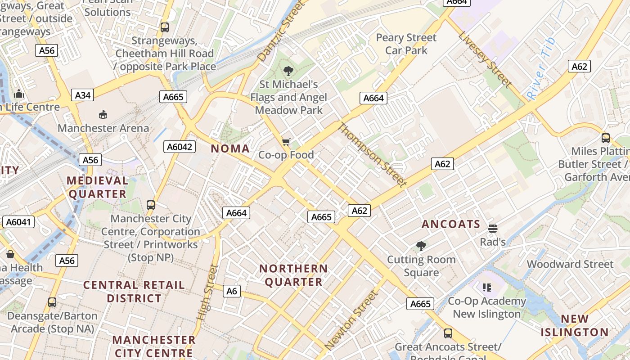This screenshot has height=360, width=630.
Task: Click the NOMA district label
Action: click(x=230, y=148)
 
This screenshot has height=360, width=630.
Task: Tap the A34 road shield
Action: click(x=83, y=95)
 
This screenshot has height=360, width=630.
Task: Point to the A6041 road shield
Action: click(x=18, y=221)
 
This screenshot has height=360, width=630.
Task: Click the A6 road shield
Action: click(x=231, y=291)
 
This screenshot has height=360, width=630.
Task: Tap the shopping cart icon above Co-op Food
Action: click(x=286, y=142)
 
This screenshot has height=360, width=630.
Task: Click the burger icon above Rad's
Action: click(x=493, y=229)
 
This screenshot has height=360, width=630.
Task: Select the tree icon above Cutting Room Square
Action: click(x=421, y=246)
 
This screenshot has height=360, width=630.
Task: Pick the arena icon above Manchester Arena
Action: click(x=103, y=114)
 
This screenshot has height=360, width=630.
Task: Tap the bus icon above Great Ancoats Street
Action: click(x=448, y=333)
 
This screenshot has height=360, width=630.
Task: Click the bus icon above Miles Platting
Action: click(x=606, y=138)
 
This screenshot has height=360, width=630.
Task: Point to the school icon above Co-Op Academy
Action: click(x=486, y=287)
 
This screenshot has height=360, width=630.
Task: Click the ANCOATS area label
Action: click(x=451, y=224)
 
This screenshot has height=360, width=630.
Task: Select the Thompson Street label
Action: click(x=372, y=154)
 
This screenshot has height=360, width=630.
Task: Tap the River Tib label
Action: click(x=541, y=69)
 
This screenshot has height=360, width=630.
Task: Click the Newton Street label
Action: click(x=351, y=320)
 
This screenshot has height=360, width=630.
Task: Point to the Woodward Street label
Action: click(x=570, y=264)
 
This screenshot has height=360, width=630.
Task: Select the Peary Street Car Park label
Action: click(x=406, y=44)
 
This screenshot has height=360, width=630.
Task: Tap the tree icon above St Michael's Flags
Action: click(x=288, y=71)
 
